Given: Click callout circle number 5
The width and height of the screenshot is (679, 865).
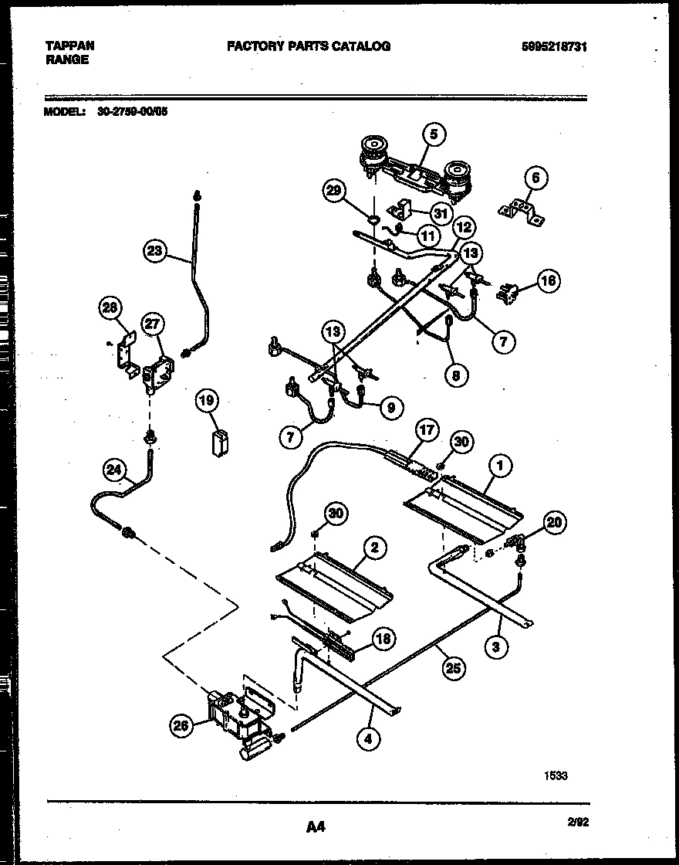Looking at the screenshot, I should tap(433, 134).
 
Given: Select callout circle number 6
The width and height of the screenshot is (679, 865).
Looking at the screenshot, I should tap(535, 178).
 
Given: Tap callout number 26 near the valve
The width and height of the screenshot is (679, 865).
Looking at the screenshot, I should tap(181, 724).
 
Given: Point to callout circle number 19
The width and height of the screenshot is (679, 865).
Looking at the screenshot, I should tap(207, 400).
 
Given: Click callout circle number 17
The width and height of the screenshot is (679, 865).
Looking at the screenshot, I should tap(426, 429).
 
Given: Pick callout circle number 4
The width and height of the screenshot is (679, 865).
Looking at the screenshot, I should tap(369, 739).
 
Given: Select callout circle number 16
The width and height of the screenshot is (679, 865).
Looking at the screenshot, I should tap(548, 280).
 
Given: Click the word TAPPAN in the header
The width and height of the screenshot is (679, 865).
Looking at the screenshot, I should tap(69, 46).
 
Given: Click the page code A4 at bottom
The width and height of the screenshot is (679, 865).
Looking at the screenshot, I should tap(316, 827).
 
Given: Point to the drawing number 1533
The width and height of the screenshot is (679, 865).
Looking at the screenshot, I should tap(555, 775).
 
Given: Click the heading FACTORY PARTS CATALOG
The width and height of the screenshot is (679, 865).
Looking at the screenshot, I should tap(309, 46).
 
